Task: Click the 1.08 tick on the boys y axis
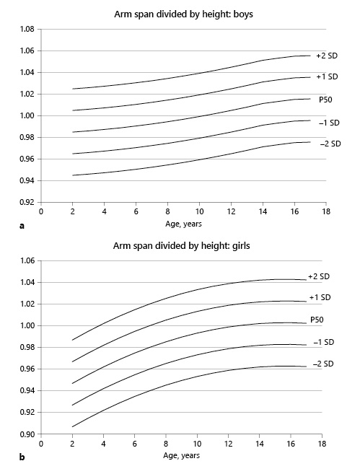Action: click(x=27, y=30)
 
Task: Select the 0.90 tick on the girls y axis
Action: click(x=27, y=434)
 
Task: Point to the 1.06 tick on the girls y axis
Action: click(x=27, y=261)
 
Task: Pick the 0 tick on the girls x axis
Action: click(x=41, y=445)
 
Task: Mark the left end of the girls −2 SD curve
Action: click(x=73, y=426)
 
